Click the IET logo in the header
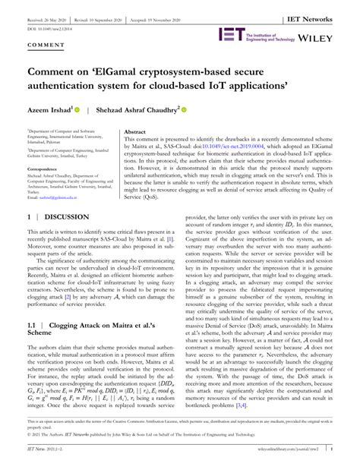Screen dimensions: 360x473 [x=231, y=35]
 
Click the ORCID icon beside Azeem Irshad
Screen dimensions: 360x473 [x=79, y=109]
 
